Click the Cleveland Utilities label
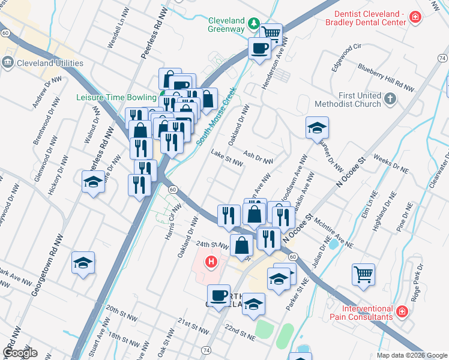coord(50,63)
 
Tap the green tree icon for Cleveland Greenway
coord(255,23)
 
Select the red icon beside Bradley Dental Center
coord(414,18)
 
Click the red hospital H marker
coord(211,262)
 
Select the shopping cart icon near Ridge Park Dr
coord(363,274)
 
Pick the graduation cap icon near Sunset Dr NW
coord(317,127)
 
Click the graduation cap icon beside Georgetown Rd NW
coord(83,263)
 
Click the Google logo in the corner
coord(19,353)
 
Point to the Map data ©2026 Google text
coord(412,355)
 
